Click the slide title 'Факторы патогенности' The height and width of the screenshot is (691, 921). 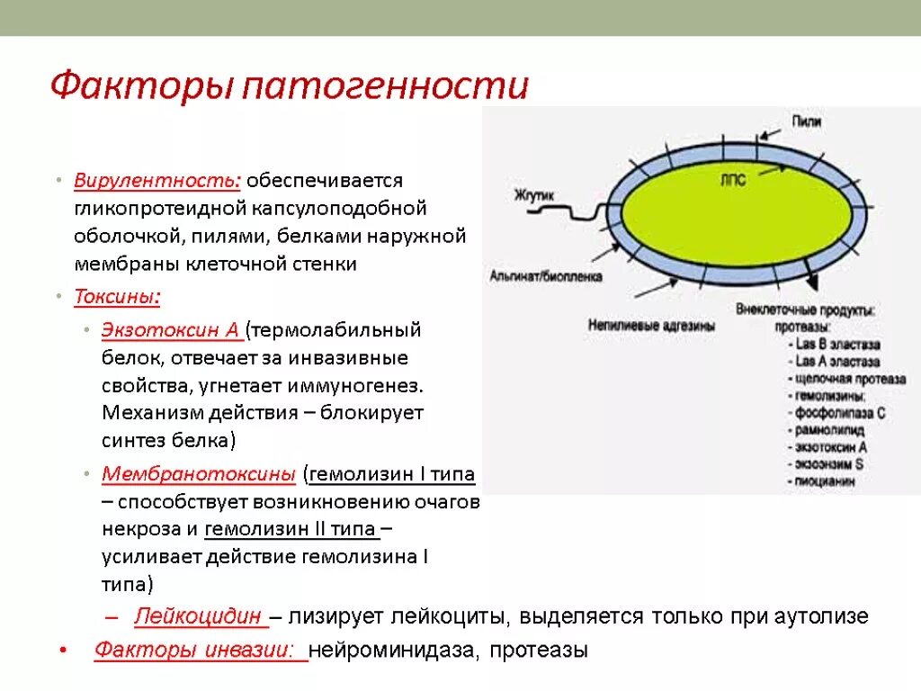[x=289, y=86]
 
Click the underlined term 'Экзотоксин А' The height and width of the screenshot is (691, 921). [x=170, y=329]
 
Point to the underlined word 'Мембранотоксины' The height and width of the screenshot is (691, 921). [x=199, y=473]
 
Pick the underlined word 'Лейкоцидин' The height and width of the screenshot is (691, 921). [x=200, y=616]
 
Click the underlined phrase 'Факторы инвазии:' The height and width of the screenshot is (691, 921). [x=200, y=650]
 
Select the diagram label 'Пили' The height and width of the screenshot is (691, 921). [x=806, y=121]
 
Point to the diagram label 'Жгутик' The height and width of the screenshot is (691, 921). [x=533, y=193]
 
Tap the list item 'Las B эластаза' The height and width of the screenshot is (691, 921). [x=837, y=345]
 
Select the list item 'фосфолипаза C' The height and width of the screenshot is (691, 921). [x=839, y=413]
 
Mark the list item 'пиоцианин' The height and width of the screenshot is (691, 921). [x=826, y=481]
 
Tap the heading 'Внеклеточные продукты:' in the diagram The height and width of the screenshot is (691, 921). [x=806, y=310]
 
